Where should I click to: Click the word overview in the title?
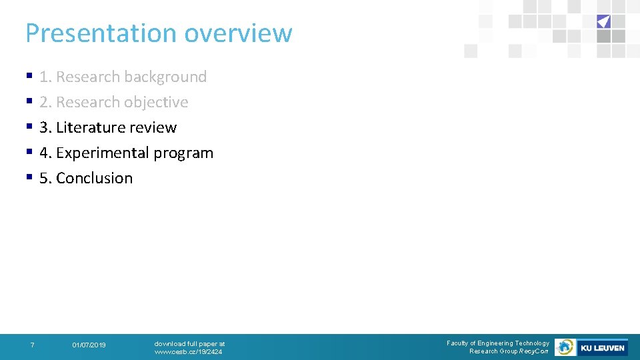pyautogui.click(x=238, y=33)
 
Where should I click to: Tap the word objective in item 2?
pyautogui.click(x=157, y=103)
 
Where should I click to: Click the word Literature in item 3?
pyautogui.click(x=88, y=127)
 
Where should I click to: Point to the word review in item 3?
pyautogui.click(x=155, y=127)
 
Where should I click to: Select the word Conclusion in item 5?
pyautogui.click(x=94, y=179)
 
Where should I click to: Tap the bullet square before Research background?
pyautogui.click(x=29, y=77)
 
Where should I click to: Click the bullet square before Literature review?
pyautogui.click(x=29, y=128)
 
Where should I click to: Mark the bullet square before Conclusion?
pyautogui.click(x=29, y=179)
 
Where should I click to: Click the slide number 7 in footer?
pyautogui.click(x=32, y=345)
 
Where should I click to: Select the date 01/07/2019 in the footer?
pyautogui.click(x=89, y=345)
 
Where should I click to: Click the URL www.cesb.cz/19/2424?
pyautogui.click(x=188, y=351)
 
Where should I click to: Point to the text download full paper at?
pyautogui.click(x=189, y=343)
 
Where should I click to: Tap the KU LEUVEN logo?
pyautogui.click(x=602, y=347)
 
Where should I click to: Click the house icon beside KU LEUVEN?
pyautogui.click(x=565, y=347)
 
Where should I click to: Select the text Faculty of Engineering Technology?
pyautogui.click(x=497, y=343)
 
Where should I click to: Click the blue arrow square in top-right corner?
pyautogui.click(x=603, y=21)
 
